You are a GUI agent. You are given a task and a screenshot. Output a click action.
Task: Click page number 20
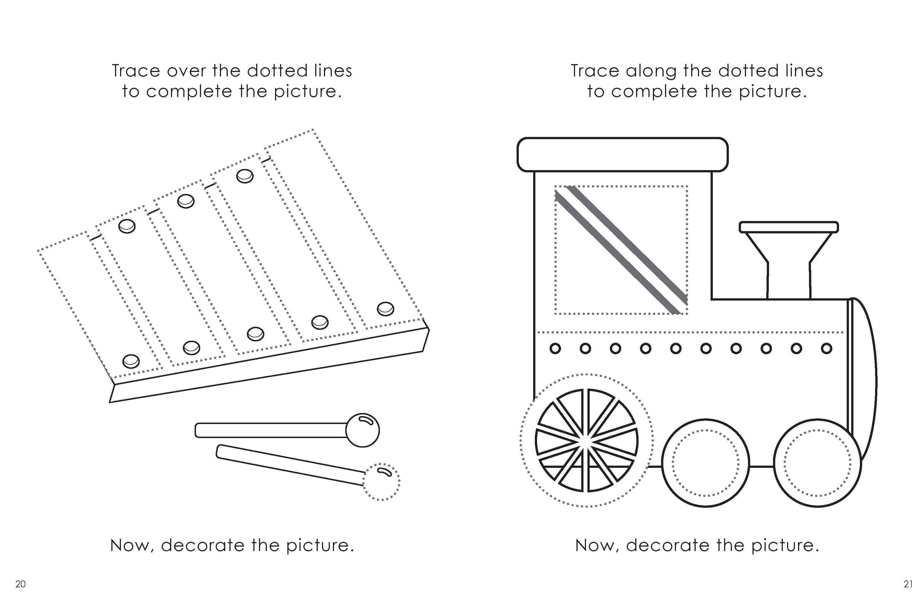click(x=20, y=584)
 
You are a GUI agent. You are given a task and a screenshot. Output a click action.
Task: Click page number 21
click(x=908, y=584)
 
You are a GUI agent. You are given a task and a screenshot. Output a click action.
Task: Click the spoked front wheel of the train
click(x=586, y=441)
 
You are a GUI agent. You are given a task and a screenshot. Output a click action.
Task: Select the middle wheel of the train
click(x=706, y=463)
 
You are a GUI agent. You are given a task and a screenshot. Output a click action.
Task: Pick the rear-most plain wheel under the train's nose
click(x=817, y=463)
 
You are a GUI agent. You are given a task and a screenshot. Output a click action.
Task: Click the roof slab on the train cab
click(x=622, y=154)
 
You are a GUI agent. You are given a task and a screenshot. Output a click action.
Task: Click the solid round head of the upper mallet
click(x=362, y=430)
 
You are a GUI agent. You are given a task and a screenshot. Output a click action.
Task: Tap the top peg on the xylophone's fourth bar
click(x=245, y=176)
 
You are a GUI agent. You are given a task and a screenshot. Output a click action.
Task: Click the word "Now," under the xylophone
click(x=132, y=546)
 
